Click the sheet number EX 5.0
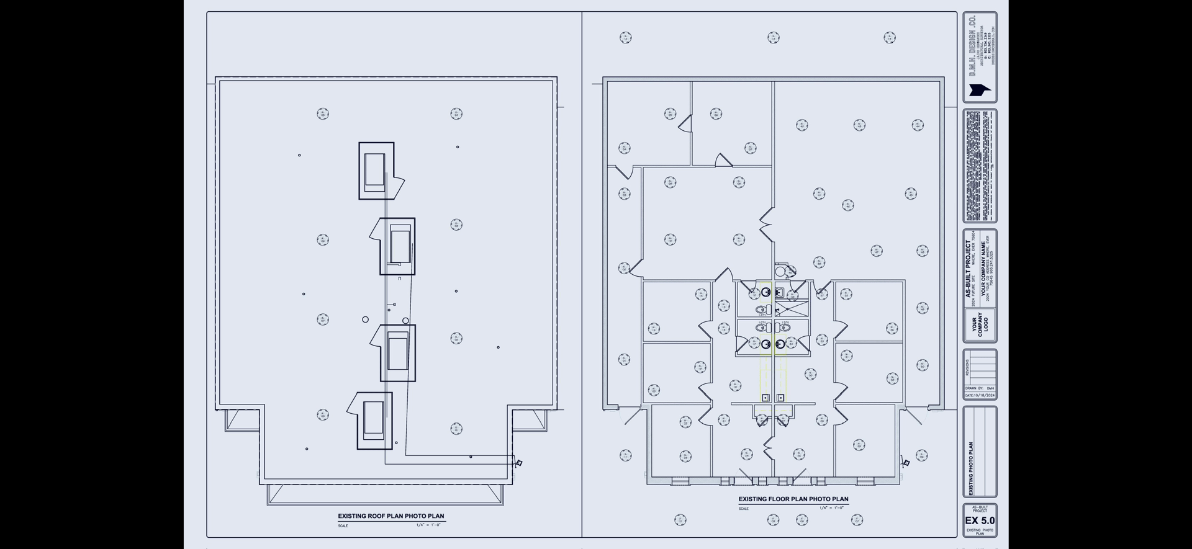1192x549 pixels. point(980,520)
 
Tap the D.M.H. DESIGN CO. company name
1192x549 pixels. point(973,47)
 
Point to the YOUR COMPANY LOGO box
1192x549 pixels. point(980,325)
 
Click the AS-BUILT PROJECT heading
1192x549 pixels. point(968,269)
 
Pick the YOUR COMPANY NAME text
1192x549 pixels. point(983,269)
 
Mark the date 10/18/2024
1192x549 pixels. point(980,395)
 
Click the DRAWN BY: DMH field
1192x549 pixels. point(980,388)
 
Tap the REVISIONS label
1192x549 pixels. point(967,368)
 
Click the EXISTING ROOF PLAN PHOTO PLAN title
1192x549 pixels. point(391,516)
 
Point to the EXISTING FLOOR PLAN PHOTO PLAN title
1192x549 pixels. point(793,499)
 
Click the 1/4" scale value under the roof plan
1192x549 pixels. point(428,525)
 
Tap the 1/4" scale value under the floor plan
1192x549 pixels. point(831,508)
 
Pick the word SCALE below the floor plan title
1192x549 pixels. point(743,509)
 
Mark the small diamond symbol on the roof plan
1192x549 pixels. point(519,463)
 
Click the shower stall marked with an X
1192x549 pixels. point(792,310)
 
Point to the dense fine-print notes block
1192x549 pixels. point(980,166)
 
